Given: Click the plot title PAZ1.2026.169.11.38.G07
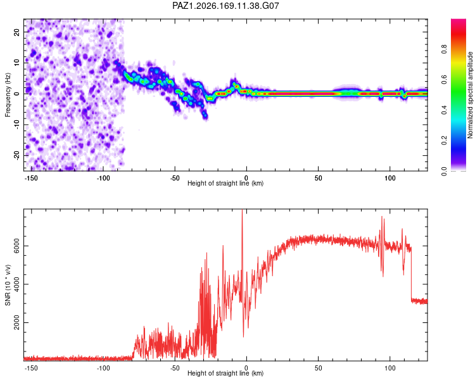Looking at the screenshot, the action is click(x=225, y=6).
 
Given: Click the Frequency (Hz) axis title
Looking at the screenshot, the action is click(x=8, y=95).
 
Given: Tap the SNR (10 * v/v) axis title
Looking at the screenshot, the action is click(x=8, y=285).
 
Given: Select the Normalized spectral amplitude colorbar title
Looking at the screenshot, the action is click(x=470, y=95).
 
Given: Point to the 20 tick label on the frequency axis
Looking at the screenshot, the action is click(x=16, y=32).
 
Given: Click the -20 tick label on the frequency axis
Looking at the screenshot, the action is click(x=16, y=155).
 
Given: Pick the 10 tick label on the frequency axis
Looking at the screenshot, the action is click(x=16, y=63).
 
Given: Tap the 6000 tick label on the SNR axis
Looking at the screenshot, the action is click(x=16, y=246).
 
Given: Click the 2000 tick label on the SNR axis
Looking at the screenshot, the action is click(x=16, y=323).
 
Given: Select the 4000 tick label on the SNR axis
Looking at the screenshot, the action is click(x=16, y=284).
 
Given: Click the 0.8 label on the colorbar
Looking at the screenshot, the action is click(x=444, y=49).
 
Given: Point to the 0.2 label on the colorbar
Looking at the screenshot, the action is click(x=444, y=141).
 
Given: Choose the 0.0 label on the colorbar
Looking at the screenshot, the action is click(x=444, y=171).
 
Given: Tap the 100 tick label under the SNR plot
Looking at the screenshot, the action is click(x=390, y=368).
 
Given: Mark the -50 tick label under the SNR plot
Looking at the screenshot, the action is click(x=175, y=368).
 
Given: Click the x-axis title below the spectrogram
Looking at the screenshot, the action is click(x=225, y=183).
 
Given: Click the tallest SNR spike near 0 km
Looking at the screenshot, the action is click(x=242, y=210).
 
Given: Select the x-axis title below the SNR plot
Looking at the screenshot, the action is click(x=225, y=373).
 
